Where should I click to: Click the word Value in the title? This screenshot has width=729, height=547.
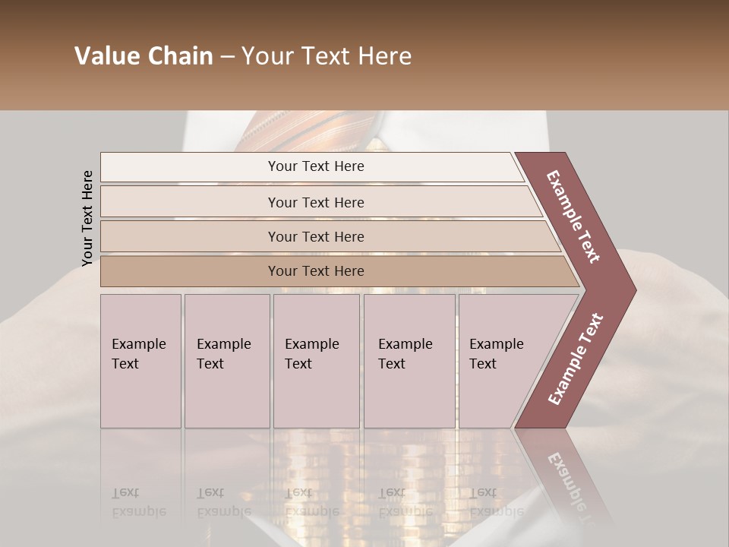(x=106, y=56)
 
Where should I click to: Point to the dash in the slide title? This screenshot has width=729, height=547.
(x=227, y=57)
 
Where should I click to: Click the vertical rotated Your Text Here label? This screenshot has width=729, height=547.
(x=87, y=218)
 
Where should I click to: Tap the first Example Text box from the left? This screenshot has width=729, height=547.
(x=140, y=361)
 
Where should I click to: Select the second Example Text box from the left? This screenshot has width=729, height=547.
(x=227, y=361)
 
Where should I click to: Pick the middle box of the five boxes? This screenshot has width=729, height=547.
(x=316, y=361)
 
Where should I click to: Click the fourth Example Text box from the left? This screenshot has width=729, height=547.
(x=409, y=361)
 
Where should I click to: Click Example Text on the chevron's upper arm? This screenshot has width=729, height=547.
(x=573, y=217)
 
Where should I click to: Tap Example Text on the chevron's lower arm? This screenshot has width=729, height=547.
(x=575, y=359)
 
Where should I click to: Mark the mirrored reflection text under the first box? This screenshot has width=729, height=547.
(x=139, y=502)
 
